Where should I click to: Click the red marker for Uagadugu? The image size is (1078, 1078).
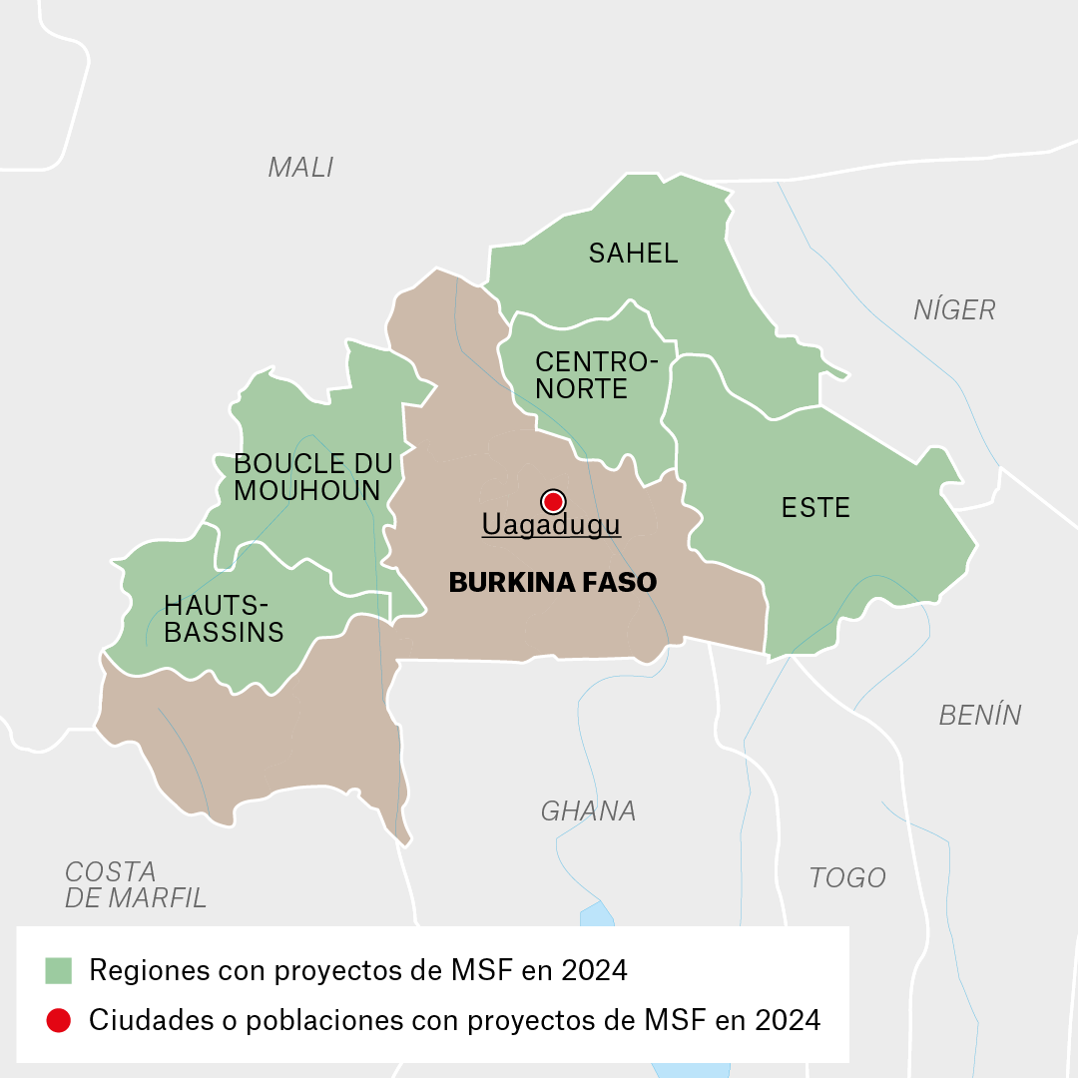coord(552,501)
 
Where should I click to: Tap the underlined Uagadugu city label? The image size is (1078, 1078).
coord(551,525)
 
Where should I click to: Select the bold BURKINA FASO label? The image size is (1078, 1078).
coord(553,583)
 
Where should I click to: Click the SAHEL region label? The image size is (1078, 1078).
coord(633,254)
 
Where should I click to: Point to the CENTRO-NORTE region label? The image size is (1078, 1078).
coord(596,375)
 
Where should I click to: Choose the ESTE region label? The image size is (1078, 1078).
coord(815,508)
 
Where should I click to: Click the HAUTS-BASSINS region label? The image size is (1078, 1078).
coord(224,619)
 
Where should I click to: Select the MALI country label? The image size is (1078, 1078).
coord(300,168)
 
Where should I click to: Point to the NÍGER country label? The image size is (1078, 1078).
coord(954,310)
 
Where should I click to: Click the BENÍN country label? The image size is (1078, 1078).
coord(980,716)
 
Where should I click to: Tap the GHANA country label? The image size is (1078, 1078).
coord(588,811)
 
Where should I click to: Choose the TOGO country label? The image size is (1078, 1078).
coord(847,878)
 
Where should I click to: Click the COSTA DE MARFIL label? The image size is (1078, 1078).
coord(135,884)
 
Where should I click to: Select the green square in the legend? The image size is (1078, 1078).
coord(59,970)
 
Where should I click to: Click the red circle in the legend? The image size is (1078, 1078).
coord(59,1020)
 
